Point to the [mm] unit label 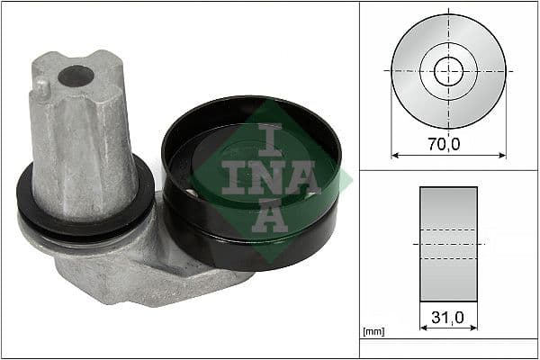point(373,332)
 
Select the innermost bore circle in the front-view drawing point(448,70)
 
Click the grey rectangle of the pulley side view point(448,216)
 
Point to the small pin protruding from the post point(41,88)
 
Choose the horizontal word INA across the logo point(268,177)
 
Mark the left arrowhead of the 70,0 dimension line point(394,155)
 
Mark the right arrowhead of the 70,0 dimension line point(503,155)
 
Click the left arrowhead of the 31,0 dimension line point(423,328)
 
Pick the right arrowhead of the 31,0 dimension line point(474,328)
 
